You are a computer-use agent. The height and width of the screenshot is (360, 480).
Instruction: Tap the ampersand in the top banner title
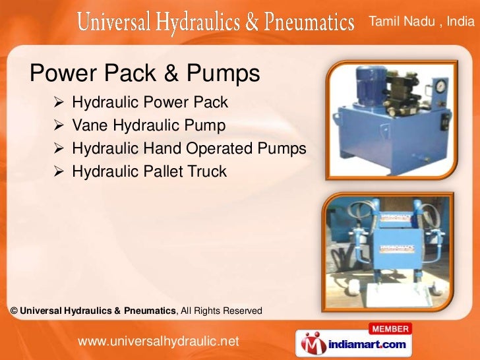[x=251, y=24]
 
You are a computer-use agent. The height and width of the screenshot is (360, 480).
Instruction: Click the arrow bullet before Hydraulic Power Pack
[x=59, y=103]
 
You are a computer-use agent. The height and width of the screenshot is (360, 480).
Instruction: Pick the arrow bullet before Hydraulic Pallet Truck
[x=59, y=172]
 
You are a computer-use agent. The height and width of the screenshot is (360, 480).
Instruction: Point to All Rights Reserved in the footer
[x=221, y=311]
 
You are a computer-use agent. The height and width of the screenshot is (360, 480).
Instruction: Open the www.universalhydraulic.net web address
[x=158, y=341]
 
